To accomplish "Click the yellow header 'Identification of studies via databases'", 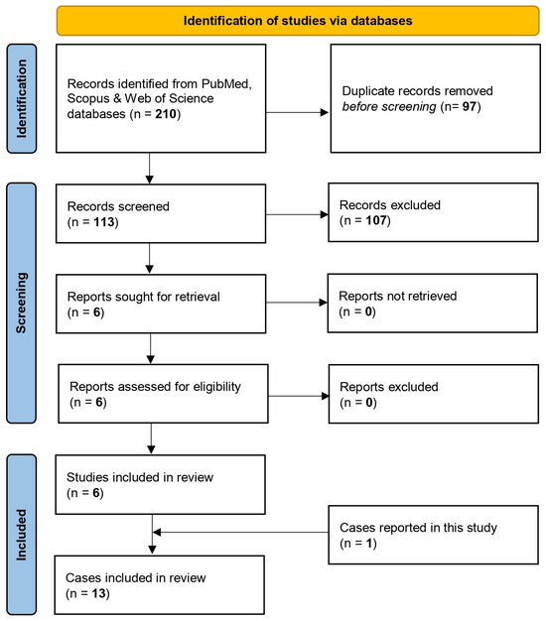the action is tap(298, 21).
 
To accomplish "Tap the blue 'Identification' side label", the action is tap(22, 98).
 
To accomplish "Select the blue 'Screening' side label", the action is tap(22, 303).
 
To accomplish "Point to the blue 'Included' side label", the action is tap(22, 535).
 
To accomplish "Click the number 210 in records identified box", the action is tap(166, 114).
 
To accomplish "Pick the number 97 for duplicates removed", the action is tap(470, 106).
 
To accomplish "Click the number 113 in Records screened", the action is tap(104, 222).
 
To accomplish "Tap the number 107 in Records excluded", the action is tap(376, 220).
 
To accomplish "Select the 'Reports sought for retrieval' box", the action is tap(161, 304).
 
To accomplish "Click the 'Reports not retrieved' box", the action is tap(433, 303).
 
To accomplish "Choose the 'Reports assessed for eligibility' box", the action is tap(163, 394).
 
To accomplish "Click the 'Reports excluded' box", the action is tap(434, 394).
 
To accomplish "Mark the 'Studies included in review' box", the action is tap(161, 485).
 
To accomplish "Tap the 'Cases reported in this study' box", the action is tap(434, 535).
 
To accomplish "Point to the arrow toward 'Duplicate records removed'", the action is tap(298, 112).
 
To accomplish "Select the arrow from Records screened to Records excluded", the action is tap(297, 214).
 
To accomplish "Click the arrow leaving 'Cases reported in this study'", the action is tap(240, 533).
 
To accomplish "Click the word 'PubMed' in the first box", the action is tap(225, 84).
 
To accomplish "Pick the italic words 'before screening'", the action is tap(389, 107).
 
